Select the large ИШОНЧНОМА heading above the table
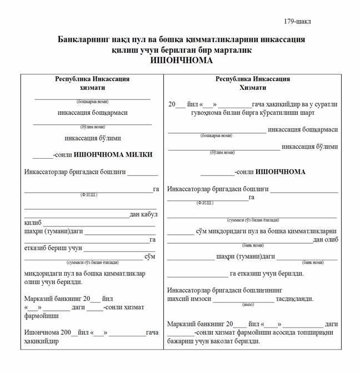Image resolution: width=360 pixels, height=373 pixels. (x=181, y=61)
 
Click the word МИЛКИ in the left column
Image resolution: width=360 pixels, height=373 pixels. (x=139, y=155)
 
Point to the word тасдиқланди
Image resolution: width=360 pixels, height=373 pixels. (x=295, y=299)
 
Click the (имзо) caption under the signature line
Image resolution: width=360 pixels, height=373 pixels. (x=248, y=305)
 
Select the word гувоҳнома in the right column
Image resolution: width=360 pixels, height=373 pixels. (x=192, y=113)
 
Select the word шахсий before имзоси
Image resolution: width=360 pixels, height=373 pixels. (x=180, y=299)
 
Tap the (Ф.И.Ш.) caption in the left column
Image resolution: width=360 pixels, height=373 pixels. (x=89, y=195)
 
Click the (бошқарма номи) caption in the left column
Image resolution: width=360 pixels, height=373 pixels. (x=92, y=102)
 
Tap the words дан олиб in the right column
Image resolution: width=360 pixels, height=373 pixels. (x=325, y=240)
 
